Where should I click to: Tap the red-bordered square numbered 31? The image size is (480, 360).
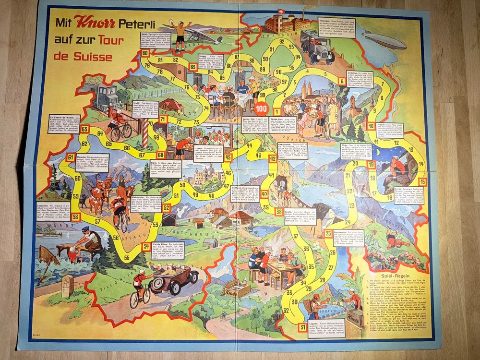[303, 328]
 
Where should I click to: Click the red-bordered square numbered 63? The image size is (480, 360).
[84, 129]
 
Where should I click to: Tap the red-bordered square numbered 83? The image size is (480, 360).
[193, 67]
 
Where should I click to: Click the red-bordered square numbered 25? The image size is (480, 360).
[328, 234]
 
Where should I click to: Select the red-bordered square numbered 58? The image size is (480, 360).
[76, 216]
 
